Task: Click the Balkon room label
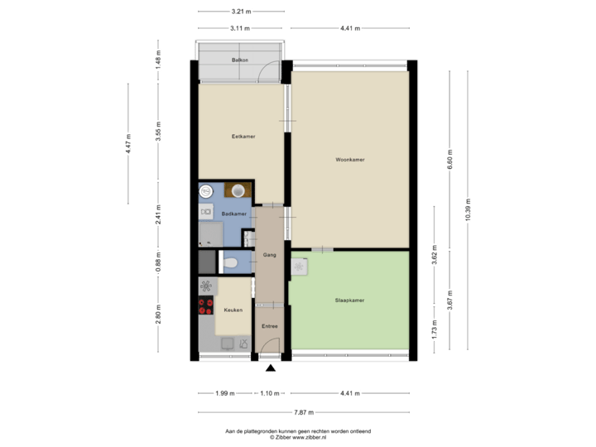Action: [240, 60]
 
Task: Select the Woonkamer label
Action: [350, 160]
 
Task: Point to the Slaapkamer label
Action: [350, 300]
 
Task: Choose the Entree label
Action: [269, 326]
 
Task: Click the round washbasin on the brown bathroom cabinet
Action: [239, 190]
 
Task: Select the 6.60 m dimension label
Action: [449, 156]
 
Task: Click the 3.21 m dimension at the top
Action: [241, 12]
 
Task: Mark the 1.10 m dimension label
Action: [269, 393]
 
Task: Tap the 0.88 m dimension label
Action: [158, 262]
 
